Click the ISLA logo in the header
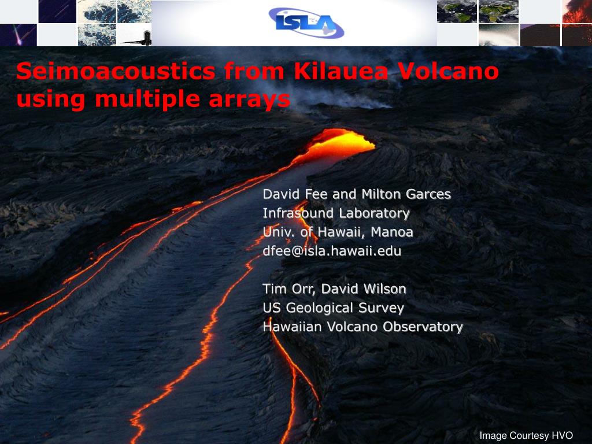306,23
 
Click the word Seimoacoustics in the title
116,71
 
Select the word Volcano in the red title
449,71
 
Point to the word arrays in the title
250,100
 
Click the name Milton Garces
406,194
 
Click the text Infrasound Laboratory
336,213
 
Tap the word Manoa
392,232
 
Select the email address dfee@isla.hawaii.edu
332,251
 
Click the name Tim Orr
288,289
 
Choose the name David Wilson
364,289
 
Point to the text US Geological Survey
334,308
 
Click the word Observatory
423,327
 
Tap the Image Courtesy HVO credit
526,435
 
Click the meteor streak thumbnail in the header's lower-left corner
18,35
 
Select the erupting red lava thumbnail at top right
577,12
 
